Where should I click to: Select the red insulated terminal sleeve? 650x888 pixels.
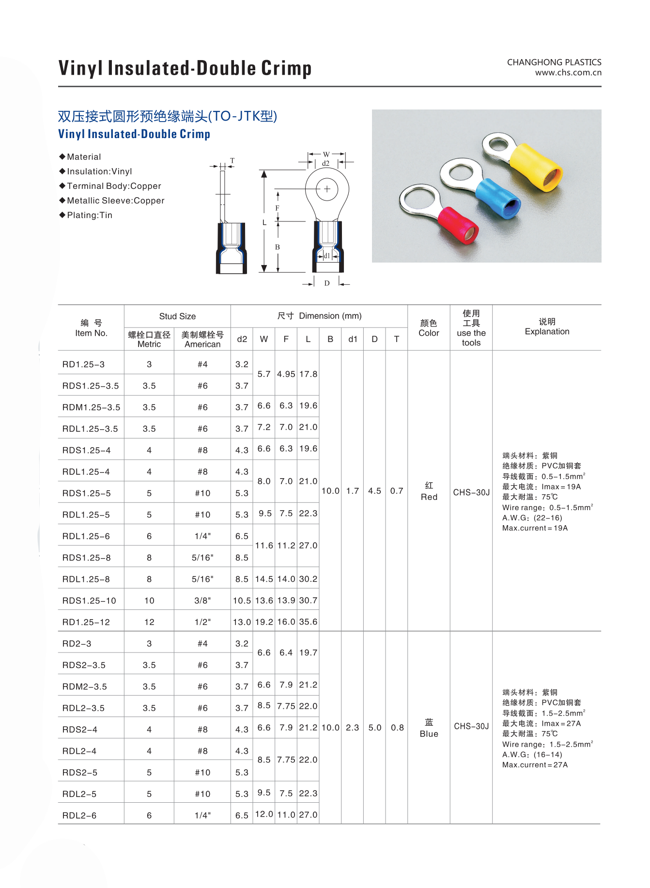(x=458, y=225)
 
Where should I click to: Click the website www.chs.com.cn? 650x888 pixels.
(x=568, y=73)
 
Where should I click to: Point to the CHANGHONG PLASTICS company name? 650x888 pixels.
(x=554, y=62)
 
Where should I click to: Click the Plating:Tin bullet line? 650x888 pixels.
(x=89, y=215)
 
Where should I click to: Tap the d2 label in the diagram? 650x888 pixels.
(x=325, y=163)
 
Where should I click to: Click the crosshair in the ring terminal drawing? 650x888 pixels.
(x=327, y=189)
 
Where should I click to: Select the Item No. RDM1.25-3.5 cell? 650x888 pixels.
(x=91, y=407)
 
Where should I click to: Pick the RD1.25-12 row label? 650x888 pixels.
(x=86, y=622)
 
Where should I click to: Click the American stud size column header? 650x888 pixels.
(x=202, y=339)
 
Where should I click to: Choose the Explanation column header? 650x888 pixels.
(x=547, y=327)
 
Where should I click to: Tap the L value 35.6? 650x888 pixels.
(x=308, y=622)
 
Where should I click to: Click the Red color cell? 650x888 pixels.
(x=429, y=491)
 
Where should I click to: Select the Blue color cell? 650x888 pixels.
(x=429, y=728)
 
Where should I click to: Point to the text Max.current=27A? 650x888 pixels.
(x=535, y=765)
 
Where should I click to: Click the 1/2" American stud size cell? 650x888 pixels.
(x=202, y=622)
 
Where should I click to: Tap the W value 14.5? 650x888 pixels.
(x=264, y=579)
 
